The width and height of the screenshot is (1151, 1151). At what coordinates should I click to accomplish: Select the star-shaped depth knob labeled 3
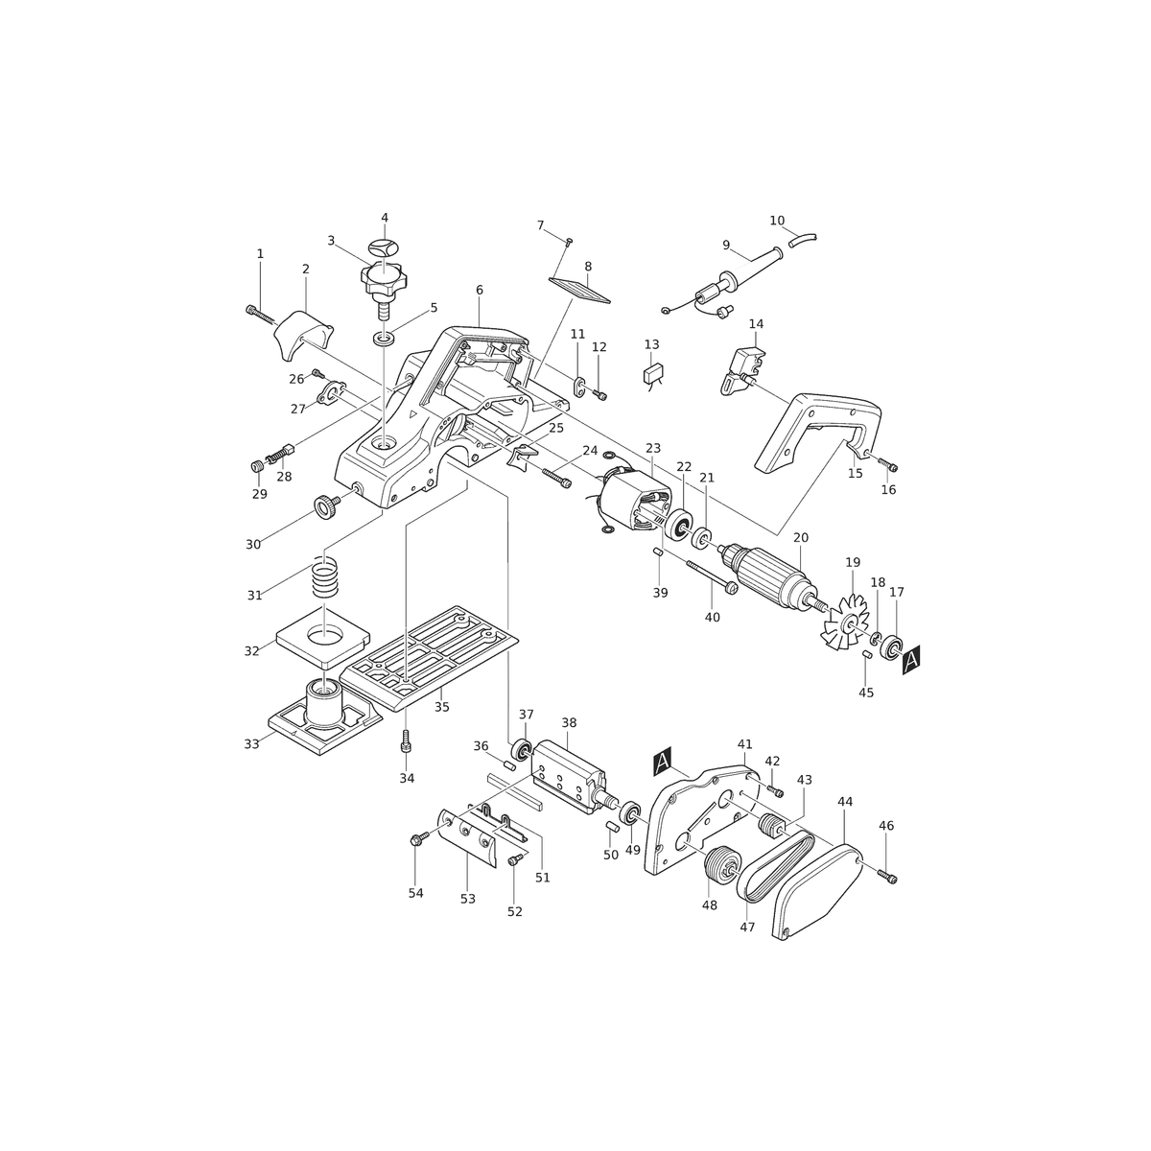pos(383,284)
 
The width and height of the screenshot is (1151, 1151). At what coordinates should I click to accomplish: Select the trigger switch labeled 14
pos(744,369)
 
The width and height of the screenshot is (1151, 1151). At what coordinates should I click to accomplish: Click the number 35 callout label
pos(441,707)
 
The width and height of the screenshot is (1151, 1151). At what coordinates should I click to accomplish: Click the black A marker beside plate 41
pos(663,763)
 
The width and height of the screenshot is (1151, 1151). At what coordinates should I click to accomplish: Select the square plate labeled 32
pos(323,637)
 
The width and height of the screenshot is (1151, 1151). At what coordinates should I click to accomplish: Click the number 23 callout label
pos(653,448)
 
